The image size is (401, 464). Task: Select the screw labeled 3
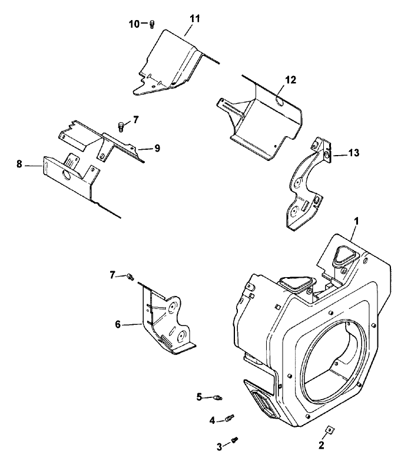[x=236, y=440]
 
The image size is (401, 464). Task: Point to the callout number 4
[x=211, y=420]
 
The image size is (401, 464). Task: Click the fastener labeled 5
[x=217, y=398]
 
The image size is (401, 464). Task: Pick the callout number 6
[x=118, y=323]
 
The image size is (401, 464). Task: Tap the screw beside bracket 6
[x=131, y=276]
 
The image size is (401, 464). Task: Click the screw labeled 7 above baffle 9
[x=121, y=126]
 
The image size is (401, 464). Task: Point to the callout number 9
[x=157, y=149]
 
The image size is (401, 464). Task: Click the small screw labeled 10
[x=151, y=24]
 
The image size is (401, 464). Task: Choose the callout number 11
[x=194, y=18]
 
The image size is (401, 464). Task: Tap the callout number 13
[x=353, y=153]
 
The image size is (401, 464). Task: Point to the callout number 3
[x=219, y=446]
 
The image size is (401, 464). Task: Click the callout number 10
[x=135, y=24]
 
